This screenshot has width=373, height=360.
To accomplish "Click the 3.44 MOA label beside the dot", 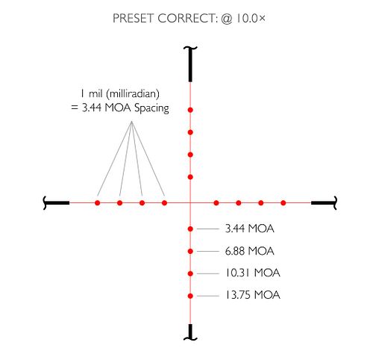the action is tap(249, 229).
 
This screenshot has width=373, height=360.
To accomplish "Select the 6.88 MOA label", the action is tap(249, 251).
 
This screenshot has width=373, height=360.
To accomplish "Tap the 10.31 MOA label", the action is tap(252, 273).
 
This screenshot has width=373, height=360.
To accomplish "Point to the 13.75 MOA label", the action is tap(252, 295).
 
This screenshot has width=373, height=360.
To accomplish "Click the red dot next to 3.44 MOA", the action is tap(190, 229).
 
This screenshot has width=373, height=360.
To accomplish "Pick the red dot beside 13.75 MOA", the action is tap(190, 296).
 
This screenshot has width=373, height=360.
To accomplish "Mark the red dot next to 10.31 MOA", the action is tap(190, 273).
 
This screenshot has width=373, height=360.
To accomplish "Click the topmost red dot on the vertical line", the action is tap(190, 110).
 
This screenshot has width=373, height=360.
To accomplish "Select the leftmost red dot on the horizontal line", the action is tap(98, 203).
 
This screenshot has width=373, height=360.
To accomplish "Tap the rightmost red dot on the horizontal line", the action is tap(283, 203).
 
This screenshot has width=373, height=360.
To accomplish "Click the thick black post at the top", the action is tap(190, 64).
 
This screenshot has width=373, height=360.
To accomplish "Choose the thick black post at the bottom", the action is tap(190, 332).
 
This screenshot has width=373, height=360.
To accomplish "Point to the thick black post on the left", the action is tap(56, 203).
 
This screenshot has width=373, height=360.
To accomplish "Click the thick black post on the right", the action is tap(325, 203).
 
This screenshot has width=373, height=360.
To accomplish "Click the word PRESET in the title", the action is tap(134, 19).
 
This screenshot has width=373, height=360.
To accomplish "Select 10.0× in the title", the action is tap(251, 19).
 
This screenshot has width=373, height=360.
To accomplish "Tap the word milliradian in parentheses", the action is tap(133, 94).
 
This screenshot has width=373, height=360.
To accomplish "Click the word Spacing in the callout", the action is tap(151, 108).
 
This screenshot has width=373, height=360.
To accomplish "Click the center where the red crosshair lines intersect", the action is tap(190, 203).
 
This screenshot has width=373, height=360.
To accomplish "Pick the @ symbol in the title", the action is tap(226, 19).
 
